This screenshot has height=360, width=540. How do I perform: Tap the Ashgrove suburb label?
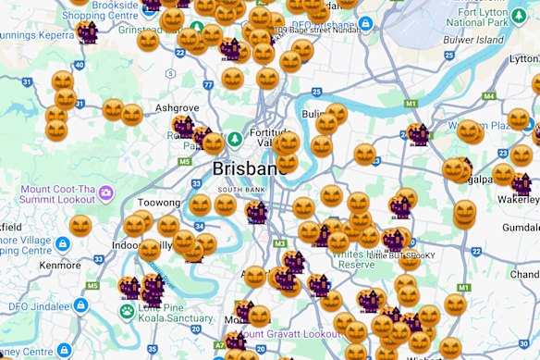[x=178, y=107]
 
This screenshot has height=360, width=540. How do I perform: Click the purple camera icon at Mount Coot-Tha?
[x=106, y=193]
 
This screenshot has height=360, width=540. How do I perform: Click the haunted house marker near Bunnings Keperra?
[x=88, y=33]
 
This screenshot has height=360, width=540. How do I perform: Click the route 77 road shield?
[x=208, y=85]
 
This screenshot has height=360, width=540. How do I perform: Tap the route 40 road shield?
[x=80, y=65]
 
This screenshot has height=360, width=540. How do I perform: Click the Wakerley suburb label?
[x=514, y=197]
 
